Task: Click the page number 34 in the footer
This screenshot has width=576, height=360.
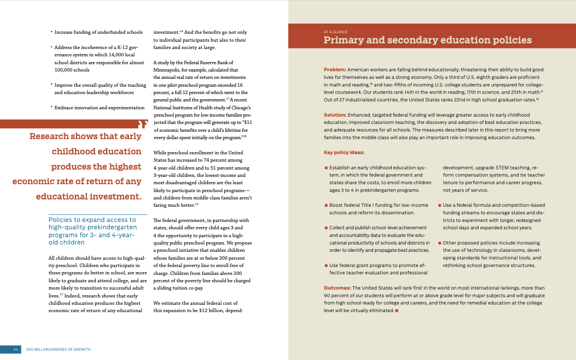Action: (x=16, y=349)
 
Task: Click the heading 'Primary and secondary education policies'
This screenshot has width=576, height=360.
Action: (x=427, y=40)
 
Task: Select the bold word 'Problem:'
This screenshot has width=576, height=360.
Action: (x=335, y=69)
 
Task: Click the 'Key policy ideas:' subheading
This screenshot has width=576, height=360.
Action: (x=344, y=152)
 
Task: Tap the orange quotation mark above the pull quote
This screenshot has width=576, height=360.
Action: (x=143, y=123)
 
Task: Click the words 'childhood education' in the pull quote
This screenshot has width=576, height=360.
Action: (x=96, y=151)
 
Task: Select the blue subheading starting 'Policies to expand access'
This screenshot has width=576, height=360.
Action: (x=92, y=231)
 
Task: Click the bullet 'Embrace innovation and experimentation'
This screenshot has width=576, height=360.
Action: (x=99, y=107)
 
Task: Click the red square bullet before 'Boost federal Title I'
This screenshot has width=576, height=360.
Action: (x=326, y=205)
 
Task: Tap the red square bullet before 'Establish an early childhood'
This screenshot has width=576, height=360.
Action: (x=326, y=168)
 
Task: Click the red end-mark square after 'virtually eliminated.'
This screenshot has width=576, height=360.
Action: (x=397, y=310)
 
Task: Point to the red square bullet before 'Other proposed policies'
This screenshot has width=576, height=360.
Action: (x=440, y=243)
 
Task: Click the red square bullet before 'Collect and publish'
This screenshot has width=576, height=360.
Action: (x=326, y=228)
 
